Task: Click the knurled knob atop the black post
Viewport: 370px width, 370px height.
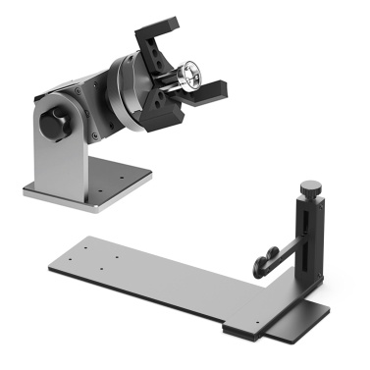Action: pyautogui.click(x=310, y=186)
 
